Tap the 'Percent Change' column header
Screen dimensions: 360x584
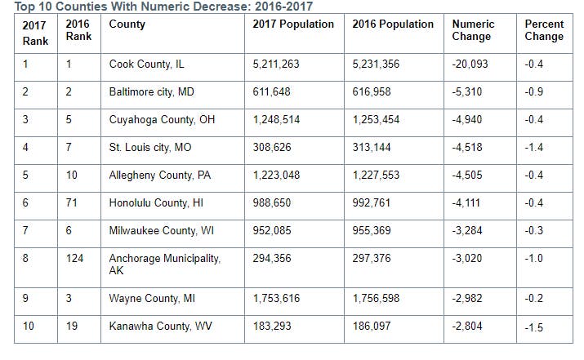pyautogui.click(x=544, y=30)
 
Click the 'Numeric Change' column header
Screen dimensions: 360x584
pyautogui.click(x=472, y=30)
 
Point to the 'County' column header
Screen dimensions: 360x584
pyautogui.click(x=127, y=24)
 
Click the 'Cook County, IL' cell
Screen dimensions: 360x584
pyautogui.click(x=147, y=64)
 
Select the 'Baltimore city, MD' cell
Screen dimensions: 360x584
pyautogui.click(x=152, y=92)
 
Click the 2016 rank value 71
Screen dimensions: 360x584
pyautogui.click(x=72, y=202)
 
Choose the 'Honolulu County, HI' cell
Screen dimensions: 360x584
pyautogui.click(x=155, y=202)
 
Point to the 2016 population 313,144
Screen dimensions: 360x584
pyautogui.click(x=376, y=148)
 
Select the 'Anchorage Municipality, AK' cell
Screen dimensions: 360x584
pyautogui.click(x=165, y=264)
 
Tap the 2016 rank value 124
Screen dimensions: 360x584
pyautogui.click(x=74, y=259)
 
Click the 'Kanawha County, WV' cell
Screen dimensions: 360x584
pyautogui.click(x=154, y=327)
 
